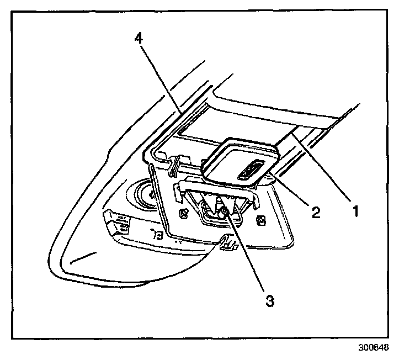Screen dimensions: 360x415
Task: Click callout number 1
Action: [357, 211]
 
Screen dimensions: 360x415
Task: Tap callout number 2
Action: [315, 212]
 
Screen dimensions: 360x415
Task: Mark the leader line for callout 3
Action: [248, 254]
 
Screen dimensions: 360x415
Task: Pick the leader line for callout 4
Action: [160, 77]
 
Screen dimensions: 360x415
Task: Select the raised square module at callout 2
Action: [237, 163]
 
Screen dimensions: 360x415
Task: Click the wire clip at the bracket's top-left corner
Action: [173, 163]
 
